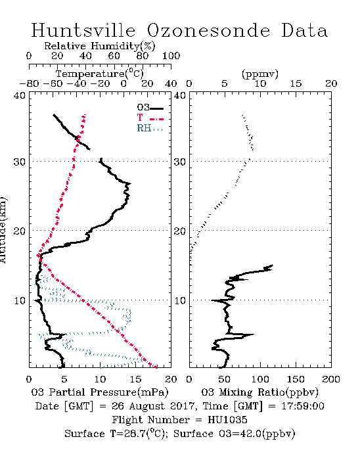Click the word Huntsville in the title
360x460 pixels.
coord(83,30)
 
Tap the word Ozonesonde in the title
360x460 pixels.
coord(208,30)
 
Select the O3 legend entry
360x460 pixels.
coord(150,108)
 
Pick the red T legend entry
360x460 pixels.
coord(150,118)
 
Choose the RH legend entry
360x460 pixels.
coord(150,128)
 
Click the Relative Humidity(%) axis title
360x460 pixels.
coord(100,46)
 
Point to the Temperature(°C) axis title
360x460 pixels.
coord(100,74)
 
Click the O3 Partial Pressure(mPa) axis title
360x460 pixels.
coord(100,392)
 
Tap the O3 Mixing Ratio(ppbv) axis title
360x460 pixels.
coord(259,392)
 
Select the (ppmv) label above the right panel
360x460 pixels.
coord(260,74)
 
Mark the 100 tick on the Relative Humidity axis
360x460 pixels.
coord(171,56)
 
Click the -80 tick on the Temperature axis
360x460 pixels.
coord(29,83)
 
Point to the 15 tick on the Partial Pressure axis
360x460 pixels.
coord(135,379)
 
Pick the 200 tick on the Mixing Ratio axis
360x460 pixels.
coord(331,379)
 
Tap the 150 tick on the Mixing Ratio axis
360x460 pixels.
coord(296,379)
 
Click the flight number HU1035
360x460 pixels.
coord(227,420)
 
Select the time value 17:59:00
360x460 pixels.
coord(303,406)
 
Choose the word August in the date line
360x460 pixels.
coord(147,406)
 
